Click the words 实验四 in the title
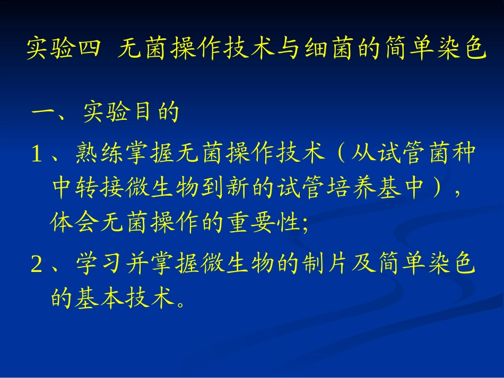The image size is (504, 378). point(63,49)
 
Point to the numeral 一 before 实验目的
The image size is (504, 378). point(44,112)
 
